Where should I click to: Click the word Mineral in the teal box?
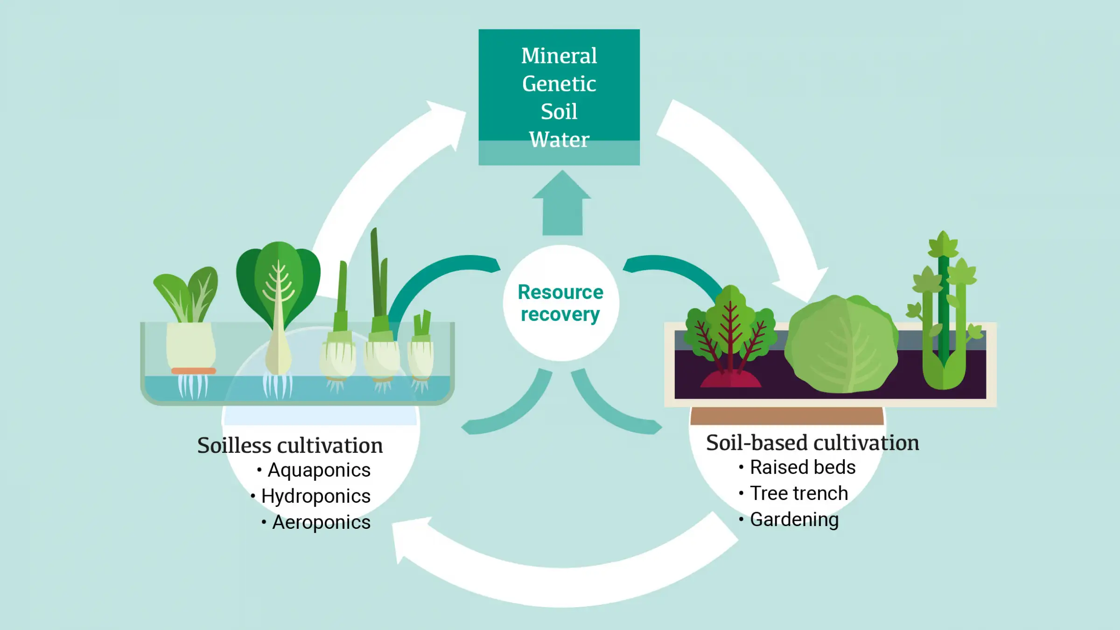559,56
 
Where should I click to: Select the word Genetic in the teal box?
559,84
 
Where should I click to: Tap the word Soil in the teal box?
559,112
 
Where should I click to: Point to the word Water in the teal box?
559,139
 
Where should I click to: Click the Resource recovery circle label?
560,303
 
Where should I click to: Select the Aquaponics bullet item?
319,470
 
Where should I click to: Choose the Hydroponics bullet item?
315,496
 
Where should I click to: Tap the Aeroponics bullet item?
321,522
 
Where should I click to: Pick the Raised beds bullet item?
802,467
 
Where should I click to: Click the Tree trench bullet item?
798,493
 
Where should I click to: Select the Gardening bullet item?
794,519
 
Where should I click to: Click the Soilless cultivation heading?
290,445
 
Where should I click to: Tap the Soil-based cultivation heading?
812,443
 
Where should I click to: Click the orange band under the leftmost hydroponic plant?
193,371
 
